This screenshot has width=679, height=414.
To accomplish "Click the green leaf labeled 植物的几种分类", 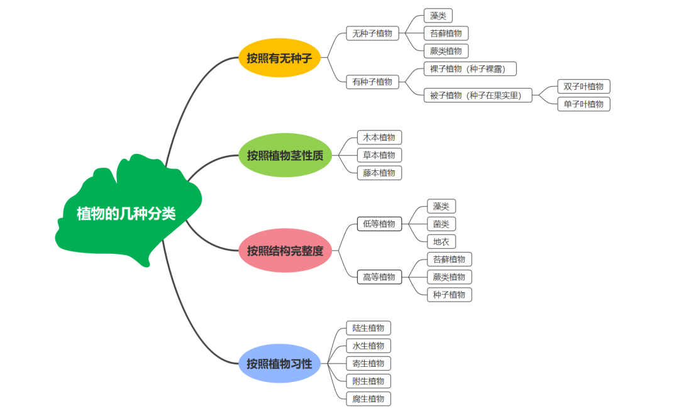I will pos(126,214).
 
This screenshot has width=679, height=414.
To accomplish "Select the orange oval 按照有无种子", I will pos(279,58).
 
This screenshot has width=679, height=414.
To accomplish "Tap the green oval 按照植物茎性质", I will pos(285,155).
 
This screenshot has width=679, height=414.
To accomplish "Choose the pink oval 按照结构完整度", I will pos(285,251).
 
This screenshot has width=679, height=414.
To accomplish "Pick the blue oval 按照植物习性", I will pos(279,363).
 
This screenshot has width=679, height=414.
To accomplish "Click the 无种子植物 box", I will pos(372,33).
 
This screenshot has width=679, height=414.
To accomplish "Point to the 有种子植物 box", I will pos(372,81).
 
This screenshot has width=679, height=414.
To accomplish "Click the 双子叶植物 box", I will pos(583,87).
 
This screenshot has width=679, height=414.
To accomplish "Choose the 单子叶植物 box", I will pos(583,104).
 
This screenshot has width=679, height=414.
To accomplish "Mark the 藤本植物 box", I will pos(379,173).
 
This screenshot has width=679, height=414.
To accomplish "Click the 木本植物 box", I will pos(379,138).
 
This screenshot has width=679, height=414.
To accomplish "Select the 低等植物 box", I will pos(379,224).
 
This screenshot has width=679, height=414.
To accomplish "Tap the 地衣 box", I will pos(441,241).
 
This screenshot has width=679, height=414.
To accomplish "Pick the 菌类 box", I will pos(441,224).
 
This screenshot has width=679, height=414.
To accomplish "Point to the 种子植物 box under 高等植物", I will pos(449,295).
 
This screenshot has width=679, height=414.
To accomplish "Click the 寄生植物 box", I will pos(368,363).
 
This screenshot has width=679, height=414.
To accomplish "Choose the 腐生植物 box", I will pos(368,398).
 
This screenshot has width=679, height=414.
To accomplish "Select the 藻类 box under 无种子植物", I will pos(438,16).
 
